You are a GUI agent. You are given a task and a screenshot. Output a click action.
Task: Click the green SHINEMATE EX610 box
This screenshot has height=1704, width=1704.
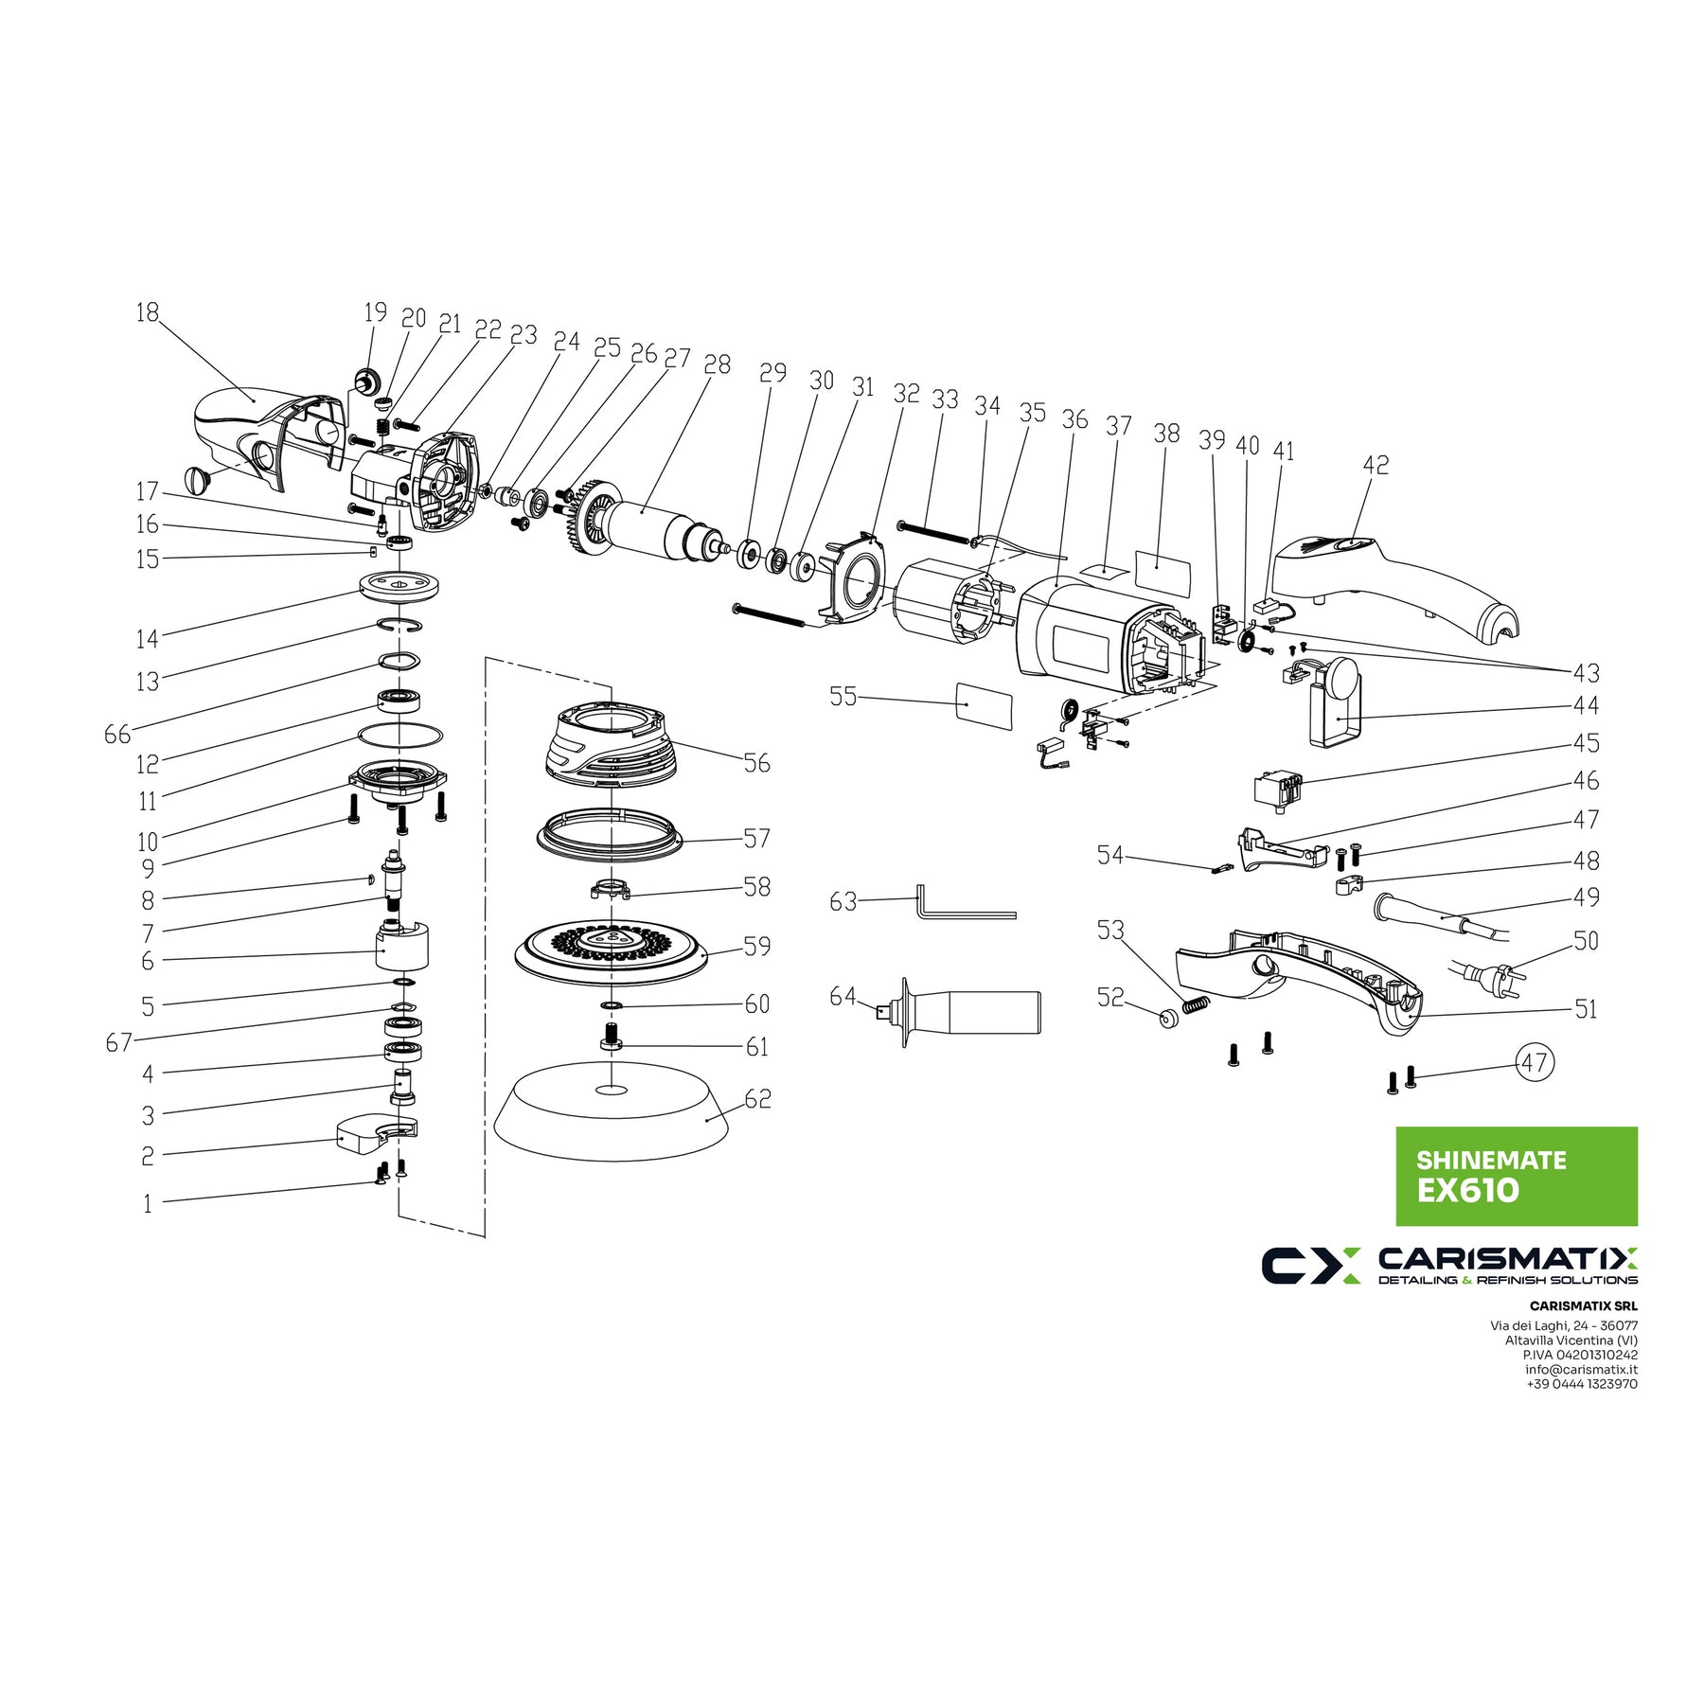point(1516,1176)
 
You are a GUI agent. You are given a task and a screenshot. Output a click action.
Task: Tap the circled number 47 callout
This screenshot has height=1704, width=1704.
point(1535,1062)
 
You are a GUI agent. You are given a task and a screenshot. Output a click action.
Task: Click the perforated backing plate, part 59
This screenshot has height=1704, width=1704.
point(612,949)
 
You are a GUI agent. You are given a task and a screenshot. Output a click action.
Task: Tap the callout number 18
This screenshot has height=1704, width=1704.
point(148,312)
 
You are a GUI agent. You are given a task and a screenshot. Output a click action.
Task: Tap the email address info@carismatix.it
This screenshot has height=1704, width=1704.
point(1581,1369)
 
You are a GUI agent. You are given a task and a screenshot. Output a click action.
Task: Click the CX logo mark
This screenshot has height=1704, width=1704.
point(1310,1266)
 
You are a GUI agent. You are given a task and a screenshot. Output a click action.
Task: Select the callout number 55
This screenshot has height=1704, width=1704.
point(843,697)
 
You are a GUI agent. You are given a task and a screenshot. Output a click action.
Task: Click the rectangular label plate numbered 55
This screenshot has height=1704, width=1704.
point(984,705)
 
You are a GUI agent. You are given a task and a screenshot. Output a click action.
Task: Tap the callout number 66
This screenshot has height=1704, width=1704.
point(117,735)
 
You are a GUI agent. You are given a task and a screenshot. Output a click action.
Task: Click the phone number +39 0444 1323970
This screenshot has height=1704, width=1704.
point(1581,1384)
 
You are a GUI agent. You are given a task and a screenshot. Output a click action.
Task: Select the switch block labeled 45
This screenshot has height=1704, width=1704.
point(1277,789)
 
